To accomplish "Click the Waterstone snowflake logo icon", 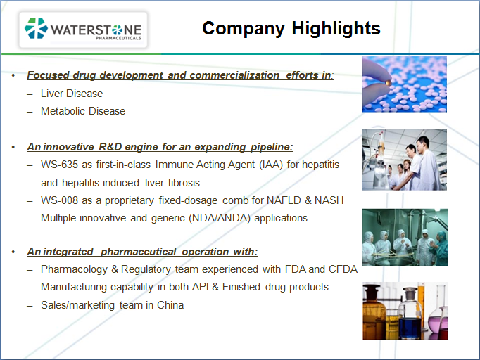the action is click(x=36, y=28).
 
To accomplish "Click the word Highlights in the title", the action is click(x=336, y=28).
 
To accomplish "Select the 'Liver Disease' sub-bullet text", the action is click(x=72, y=94).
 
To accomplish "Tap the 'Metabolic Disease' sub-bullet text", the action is click(x=83, y=111).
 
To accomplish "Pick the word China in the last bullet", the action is click(x=170, y=305).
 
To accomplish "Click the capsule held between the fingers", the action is click(x=389, y=82).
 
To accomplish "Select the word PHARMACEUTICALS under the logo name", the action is click(x=118, y=38).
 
